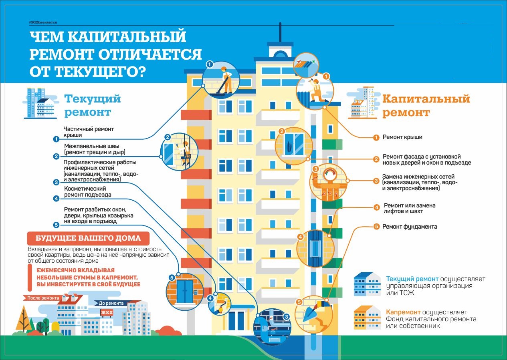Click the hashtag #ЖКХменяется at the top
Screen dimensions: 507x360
pos(43,22)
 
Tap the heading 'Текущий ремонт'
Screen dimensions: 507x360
pos(93,105)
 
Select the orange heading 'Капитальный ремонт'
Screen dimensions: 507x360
pos(426,106)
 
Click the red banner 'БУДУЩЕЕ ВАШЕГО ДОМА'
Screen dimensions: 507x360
pos(88,238)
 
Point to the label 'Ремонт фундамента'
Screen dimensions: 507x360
pos(410,227)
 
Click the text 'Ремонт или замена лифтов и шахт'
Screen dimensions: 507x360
pos(410,208)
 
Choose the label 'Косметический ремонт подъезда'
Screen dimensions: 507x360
pos(88,191)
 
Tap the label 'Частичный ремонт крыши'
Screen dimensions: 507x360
pos(89,132)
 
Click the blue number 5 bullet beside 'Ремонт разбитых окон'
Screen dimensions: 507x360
pos(56,225)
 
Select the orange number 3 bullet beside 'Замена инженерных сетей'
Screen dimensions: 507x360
pos(376,181)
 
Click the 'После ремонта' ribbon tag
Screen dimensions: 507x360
pos(43,298)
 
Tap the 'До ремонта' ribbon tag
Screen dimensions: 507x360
pos(111,303)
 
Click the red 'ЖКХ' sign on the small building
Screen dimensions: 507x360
pos(107,312)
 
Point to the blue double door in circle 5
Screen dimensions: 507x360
pos(185,291)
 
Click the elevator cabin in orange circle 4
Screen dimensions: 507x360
pos(315,248)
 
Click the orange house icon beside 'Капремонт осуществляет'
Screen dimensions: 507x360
pos(367,318)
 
